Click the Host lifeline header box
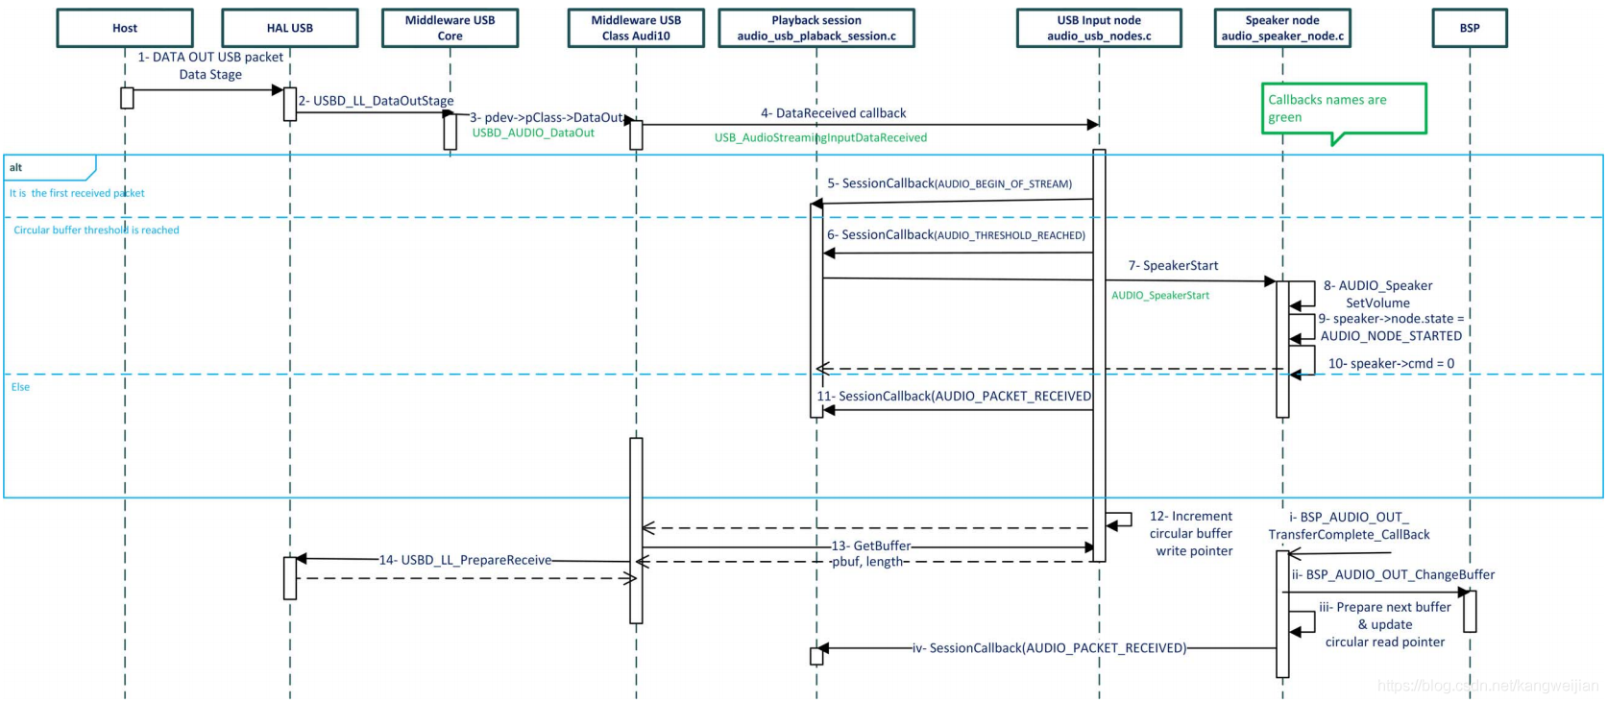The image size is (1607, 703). (x=125, y=28)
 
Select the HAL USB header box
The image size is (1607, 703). (x=289, y=28)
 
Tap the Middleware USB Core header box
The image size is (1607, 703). (x=450, y=28)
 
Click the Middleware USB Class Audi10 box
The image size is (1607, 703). (x=635, y=28)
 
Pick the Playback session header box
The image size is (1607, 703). (x=816, y=28)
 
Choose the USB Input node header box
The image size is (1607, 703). (x=1099, y=28)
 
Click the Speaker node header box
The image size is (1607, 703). (x=1281, y=28)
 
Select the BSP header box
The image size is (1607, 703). (x=1469, y=28)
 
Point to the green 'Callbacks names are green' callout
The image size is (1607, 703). (x=1343, y=109)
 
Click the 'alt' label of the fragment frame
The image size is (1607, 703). (x=16, y=167)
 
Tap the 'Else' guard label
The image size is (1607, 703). (x=20, y=387)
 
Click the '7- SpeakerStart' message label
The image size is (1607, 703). (x=1173, y=266)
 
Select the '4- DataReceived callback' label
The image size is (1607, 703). (x=833, y=113)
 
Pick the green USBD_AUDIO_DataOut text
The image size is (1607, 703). (x=533, y=133)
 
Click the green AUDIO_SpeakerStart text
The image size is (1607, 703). (x=1160, y=296)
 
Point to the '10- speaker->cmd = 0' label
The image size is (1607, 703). (x=1390, y=364)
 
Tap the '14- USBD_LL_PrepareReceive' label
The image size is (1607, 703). (x=465, y=560)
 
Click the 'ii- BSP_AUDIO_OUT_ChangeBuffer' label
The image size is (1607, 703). (x=1393, y=575)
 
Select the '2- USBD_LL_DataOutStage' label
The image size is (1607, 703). (x=376, y=101)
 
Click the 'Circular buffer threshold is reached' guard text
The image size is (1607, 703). (x=96, y=230)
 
